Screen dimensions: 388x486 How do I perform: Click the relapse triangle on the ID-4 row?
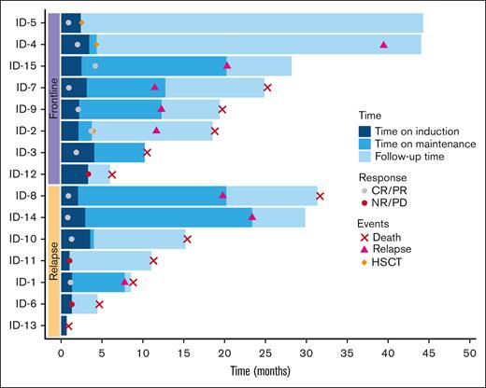pyautogui.click(x=384, y=44)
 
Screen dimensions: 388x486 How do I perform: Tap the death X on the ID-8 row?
pyautogui.click(x=321, y=196)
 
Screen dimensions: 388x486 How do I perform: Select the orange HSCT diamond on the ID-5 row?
pyautogui.click(x=81, y=22)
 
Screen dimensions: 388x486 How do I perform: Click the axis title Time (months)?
pyautogui.click(x=265, y=373)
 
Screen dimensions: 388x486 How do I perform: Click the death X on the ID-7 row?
pyautogui.click(x=268, y=88)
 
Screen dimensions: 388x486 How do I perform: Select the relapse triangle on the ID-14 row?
pyautogui.click(x=252, y=217)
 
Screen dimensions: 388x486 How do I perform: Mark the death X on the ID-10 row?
pyautogui.click(x=188, y=239)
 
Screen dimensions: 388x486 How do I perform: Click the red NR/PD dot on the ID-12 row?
pyautogui.click(x=89, y=174)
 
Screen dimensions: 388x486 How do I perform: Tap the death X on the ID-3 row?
pyautogui.click(x=147, y=152)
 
